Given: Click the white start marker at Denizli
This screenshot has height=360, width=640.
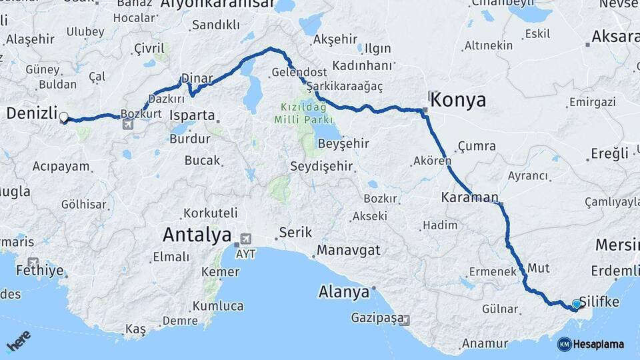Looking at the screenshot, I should click(x=63, y=118).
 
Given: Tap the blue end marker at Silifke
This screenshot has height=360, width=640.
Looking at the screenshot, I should click(x=577, y=304).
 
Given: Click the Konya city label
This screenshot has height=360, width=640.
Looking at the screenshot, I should click(x=459, y=100).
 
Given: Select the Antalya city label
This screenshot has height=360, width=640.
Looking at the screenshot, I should click(x=197, y=235).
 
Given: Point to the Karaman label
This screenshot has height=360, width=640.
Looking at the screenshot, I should click(x=469, y=197).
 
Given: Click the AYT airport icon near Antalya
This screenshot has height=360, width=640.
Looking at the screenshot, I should click(x=245, y=239).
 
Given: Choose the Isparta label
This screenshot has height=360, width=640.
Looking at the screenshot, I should click(x=192, y=115).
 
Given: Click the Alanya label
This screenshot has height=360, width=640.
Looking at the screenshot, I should click(x=343, y=291).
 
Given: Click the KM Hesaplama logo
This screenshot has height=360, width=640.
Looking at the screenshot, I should click(x=591, y=344).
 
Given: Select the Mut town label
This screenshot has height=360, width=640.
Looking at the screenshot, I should click(x=538, y=268).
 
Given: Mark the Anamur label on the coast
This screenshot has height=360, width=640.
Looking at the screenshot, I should click(x=485, y=343).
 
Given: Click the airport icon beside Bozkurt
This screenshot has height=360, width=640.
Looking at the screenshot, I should click(x=127, y=124).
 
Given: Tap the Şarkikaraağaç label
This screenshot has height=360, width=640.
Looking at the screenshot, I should click(x=345, y=87).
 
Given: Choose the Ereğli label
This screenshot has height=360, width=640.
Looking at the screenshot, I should click(x=609, y=153).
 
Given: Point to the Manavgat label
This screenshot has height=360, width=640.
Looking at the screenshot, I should click(x=348, y=250).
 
